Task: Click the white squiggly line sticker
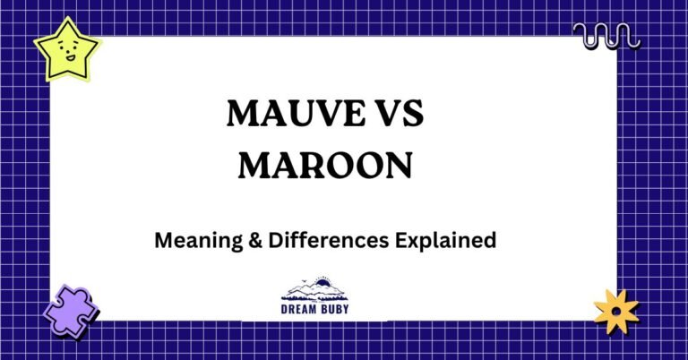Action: [606, 36]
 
